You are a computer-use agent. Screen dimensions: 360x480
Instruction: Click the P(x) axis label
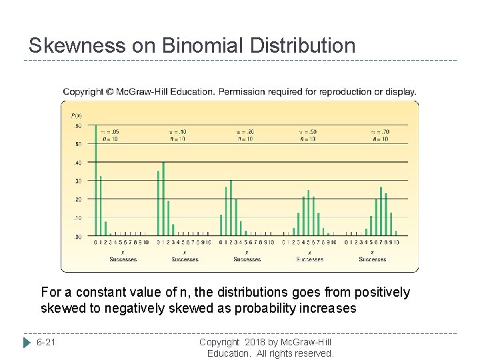pyautogui.click(x=76, y=116)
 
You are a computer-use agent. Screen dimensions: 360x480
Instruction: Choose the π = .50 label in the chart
pyautogui.click(x=307, y=132)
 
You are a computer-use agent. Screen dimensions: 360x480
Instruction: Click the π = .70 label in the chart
pyautogui.click(x=380, y=132)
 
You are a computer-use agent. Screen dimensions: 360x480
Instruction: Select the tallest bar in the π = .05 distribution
pyautogui.click(x=95, y=180)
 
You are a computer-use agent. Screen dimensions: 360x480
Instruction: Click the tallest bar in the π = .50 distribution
pyautogui.click(x=309, y=213)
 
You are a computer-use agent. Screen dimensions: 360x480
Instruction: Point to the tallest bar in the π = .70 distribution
pyautogui.click(x=381, y=211)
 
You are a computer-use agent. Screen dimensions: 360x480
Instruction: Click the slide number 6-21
pyautogui.click(x=47, y=343)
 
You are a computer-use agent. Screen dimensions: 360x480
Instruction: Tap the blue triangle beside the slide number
pyautogui.click(x=27, y=343)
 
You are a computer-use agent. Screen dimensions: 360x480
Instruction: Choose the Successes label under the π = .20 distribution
pyautogui.click(x=247, y=259)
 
